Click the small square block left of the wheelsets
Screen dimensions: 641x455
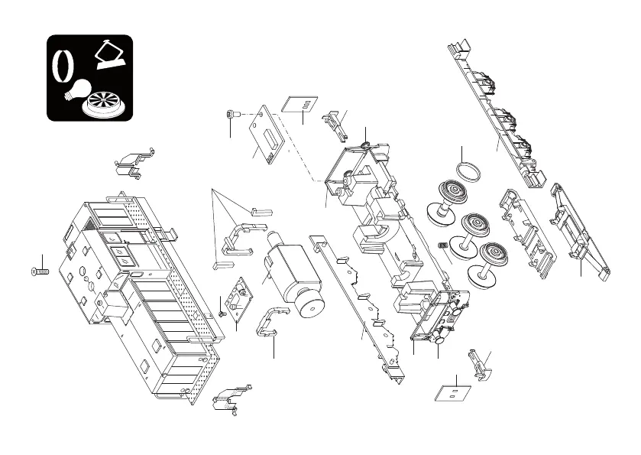[x=442, y=245]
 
